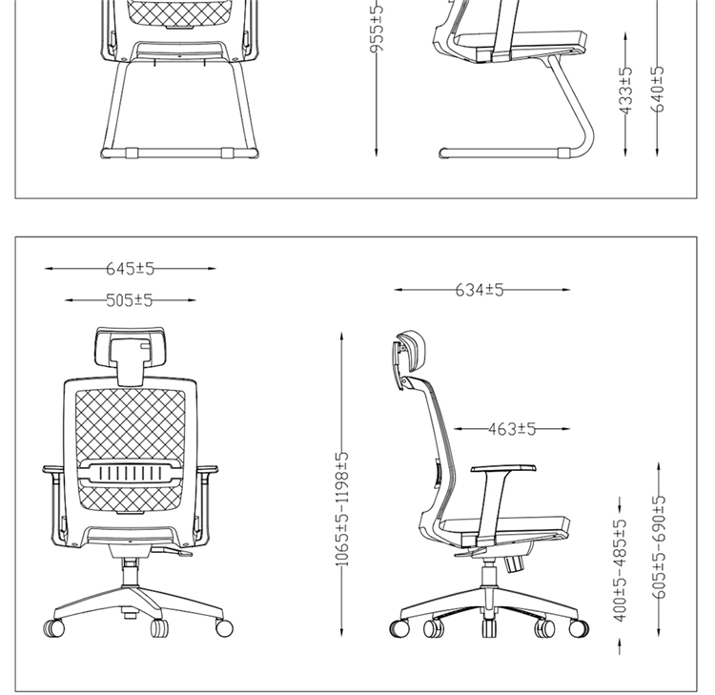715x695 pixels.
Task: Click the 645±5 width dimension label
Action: click(x=130, y=269)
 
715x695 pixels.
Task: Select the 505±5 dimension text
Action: click(x=130, y=300)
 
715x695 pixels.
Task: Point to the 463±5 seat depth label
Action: click(x=511, y=430)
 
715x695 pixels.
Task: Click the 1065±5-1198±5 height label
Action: click(x=344, y=510)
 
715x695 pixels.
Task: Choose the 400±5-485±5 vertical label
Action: click(x=620, y=570)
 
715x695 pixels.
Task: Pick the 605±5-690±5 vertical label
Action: click(x=658, y=546)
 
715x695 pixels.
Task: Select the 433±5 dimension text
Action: click(x=625, y=92)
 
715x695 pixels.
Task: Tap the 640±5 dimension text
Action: click(x=658, y=89)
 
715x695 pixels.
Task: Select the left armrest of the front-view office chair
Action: click(x=53, y=470)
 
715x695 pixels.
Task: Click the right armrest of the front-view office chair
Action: click(x=206, y=470)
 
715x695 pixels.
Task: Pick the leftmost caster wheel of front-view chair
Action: click(x=53, y=628)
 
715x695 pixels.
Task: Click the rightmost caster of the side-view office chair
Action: click(x=579, y=629)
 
